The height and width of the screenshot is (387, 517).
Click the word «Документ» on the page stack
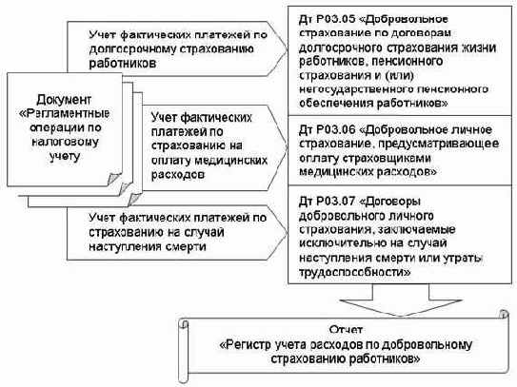[64, 99]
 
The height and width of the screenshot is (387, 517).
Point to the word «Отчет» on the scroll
[346, 329]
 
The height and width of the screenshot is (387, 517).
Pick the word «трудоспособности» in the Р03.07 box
[355, 272]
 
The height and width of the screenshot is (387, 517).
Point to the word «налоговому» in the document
[65, 142]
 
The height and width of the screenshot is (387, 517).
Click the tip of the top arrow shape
[288, 49]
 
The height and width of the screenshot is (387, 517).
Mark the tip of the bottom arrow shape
[288, 233]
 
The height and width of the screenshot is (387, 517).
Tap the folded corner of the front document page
[113, 179]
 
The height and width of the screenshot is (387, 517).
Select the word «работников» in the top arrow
[122, 64]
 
